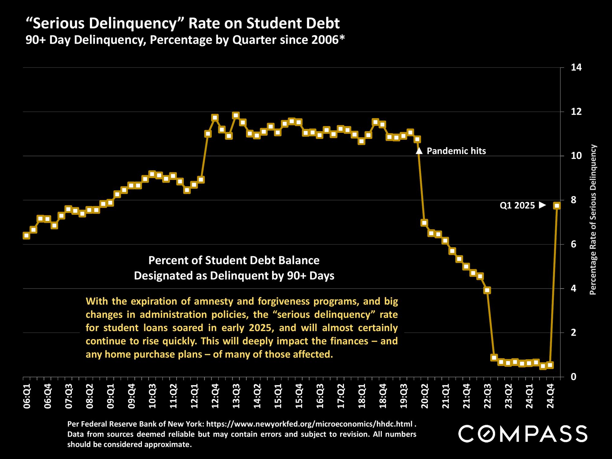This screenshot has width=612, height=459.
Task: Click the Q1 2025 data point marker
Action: [557, 206]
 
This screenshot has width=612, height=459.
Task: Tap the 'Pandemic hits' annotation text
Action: [456, 151]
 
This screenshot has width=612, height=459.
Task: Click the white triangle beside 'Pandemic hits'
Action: [419, 151]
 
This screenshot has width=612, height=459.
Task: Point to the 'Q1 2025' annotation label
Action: [517, 206]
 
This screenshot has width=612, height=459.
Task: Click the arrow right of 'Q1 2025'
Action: [543, 205]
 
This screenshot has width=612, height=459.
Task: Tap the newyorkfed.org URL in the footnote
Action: [309, 424]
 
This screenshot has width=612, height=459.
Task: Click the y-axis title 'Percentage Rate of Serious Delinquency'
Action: [593, 220]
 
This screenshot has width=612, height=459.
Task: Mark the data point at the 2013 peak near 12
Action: [236, 115]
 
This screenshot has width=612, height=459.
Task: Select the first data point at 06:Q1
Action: [26, 236]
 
